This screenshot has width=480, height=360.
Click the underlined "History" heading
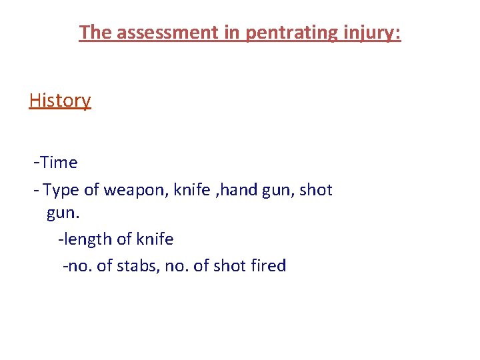pyautogui.click(x=60, y=101)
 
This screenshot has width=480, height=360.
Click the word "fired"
pyautogui.click(x=269, y=266)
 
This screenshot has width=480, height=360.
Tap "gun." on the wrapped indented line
pyautogui.click(x=62, y=214)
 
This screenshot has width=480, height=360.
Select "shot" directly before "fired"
pyautogui.click(x=230, y=266)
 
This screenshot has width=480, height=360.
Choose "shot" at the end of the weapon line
pyautogui.click(x=316, y=190)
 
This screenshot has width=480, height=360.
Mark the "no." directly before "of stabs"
pyautogui.click(x=80, y=266)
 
